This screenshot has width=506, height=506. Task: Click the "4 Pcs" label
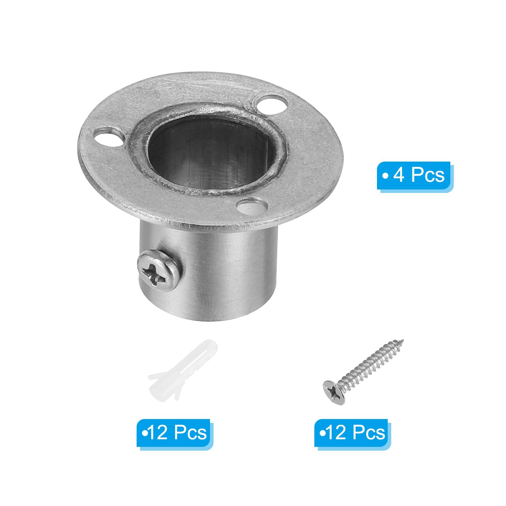(414, 175)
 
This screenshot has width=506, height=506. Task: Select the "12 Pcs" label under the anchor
(174, 432)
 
